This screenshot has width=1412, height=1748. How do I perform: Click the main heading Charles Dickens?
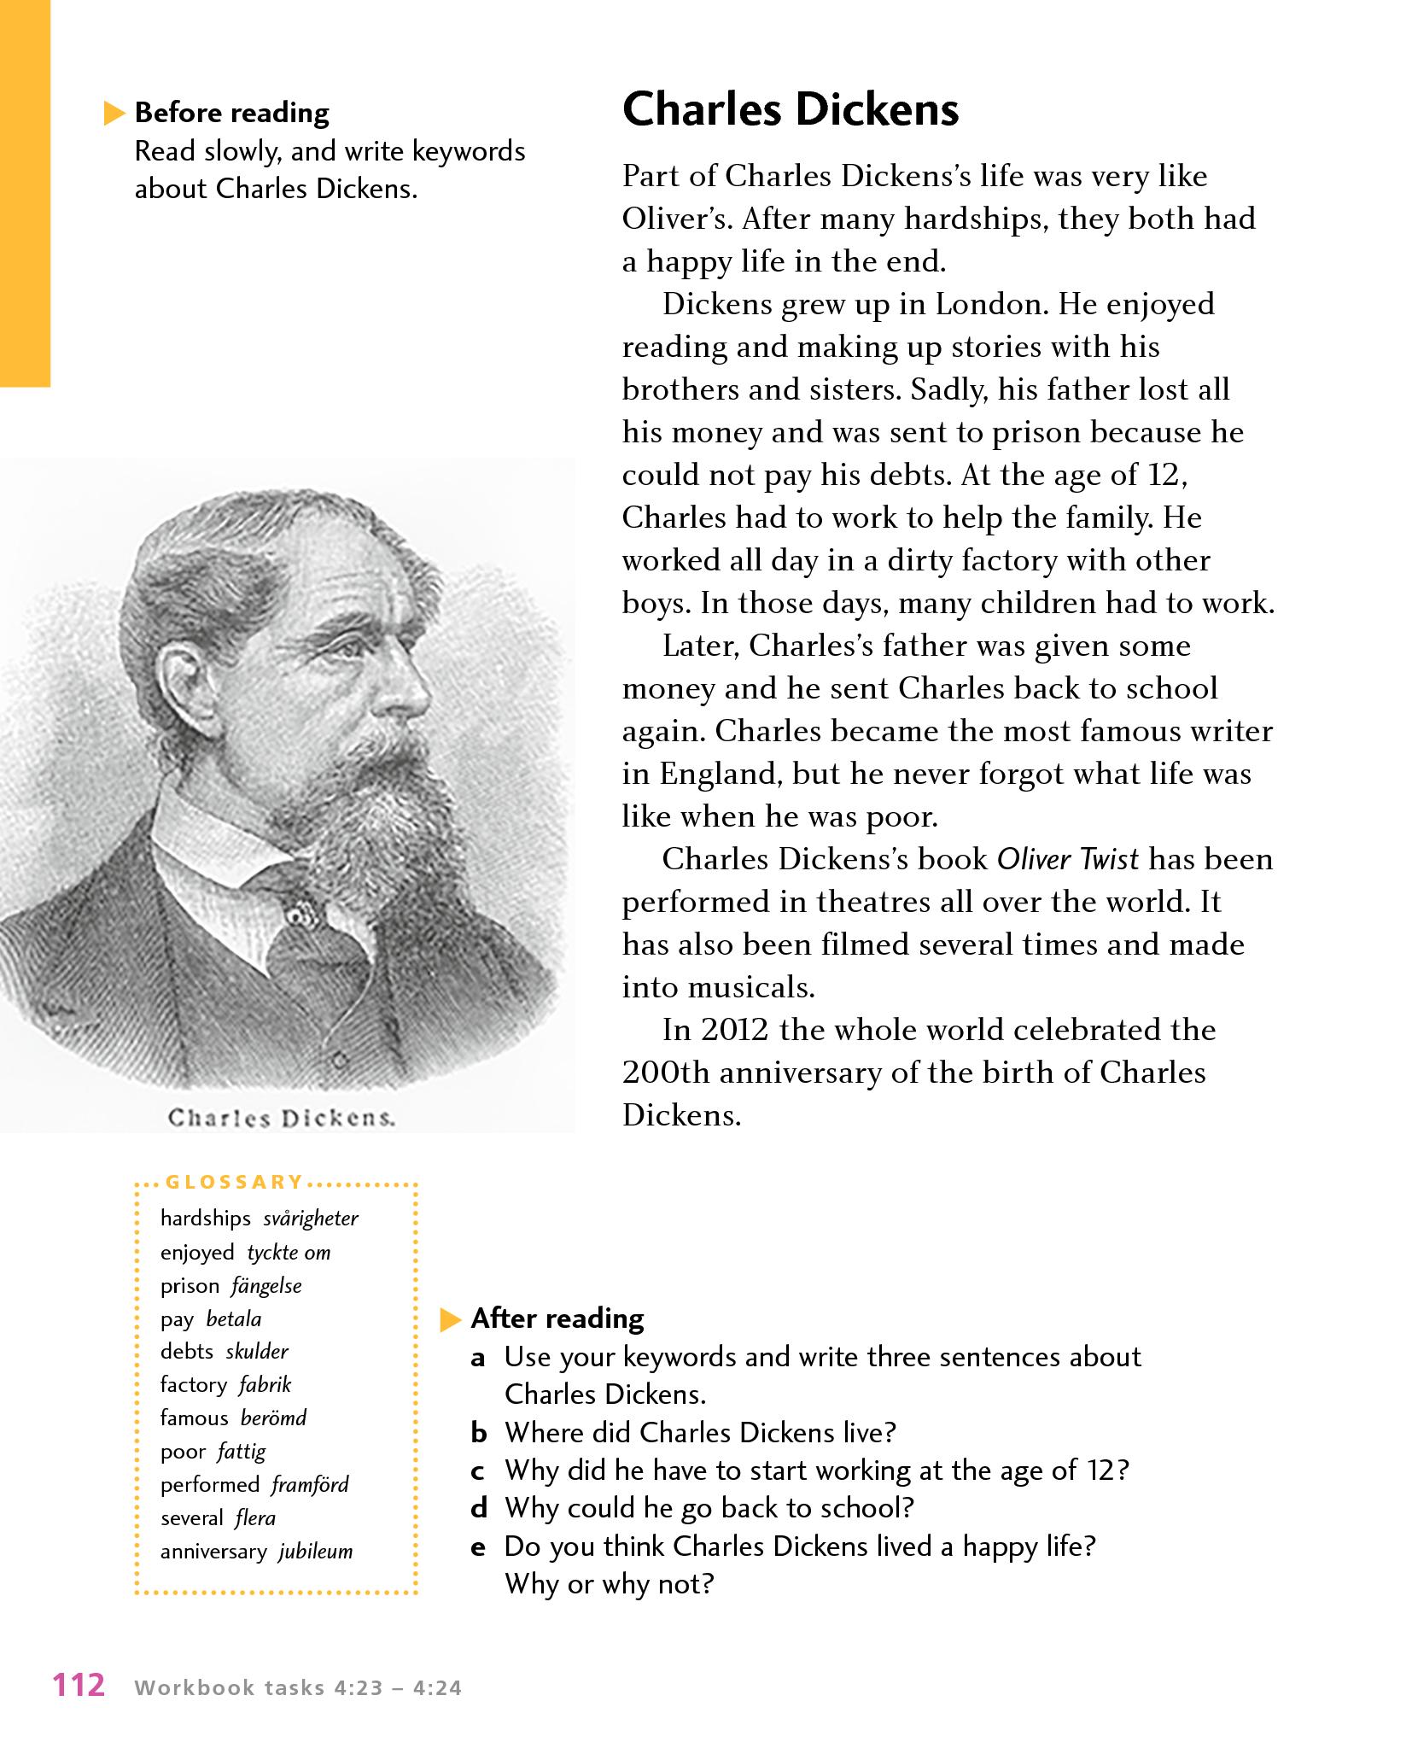click(x=790, y=110)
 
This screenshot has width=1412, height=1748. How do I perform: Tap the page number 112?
click(x=79, y=1686)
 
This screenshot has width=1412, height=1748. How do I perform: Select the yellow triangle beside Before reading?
click(x=114, y=114)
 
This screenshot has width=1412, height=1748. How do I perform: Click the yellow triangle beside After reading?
click(x=450, y=1321)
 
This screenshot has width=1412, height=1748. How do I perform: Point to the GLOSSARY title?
click(x=234, y=1183)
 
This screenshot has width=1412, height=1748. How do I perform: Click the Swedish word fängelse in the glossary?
click(x=266, y=1285)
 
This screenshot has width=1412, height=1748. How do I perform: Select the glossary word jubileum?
click(x=316, y=1552)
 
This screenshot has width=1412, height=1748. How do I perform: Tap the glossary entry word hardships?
click(x=205, y=1219)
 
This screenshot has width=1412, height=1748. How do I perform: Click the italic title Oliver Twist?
click(x=1067, y=859)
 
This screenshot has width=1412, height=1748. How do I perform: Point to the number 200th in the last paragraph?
click(x=666, y=1073)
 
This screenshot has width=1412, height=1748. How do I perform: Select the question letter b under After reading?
click(x=479, y=1433)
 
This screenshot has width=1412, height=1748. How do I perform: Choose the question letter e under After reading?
click(x=479, y=1546)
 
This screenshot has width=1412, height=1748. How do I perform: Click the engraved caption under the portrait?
click(x=282, y=1118)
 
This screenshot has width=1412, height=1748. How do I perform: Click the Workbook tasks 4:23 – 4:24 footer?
click(x=298, y=1688)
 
